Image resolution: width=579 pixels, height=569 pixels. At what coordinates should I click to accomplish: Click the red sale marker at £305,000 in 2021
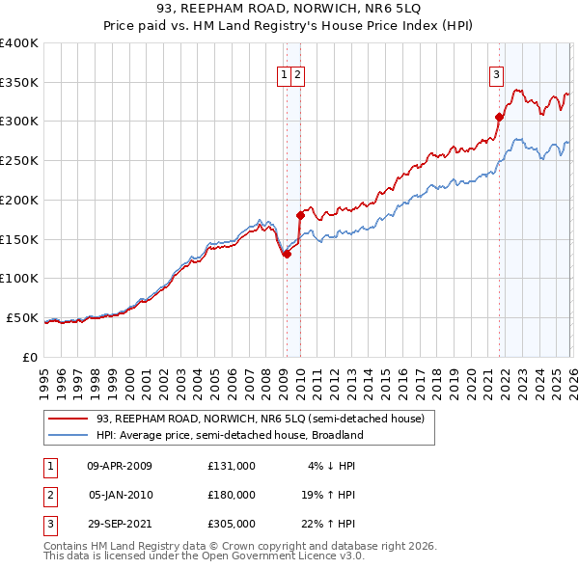click(x=499, y=118)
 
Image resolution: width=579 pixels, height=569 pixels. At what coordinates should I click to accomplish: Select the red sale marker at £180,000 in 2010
click(x=300, y=215)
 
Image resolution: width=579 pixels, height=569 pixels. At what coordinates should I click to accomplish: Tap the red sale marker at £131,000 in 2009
click(x=287, y=254)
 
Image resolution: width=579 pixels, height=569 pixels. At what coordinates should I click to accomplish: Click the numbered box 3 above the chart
click(x=496, y=74)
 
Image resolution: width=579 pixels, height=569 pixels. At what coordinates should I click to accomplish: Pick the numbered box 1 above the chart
click(x=286, y=74)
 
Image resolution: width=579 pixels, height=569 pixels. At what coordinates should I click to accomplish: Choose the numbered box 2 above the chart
click(x=298, y=74)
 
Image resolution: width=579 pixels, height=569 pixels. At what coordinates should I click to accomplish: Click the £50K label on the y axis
click(x=23, y=317)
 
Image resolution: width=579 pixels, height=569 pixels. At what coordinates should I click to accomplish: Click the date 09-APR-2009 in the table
click(x=120, y=466)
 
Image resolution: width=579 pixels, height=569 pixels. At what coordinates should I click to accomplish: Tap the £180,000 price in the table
click(x=232, y=495)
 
